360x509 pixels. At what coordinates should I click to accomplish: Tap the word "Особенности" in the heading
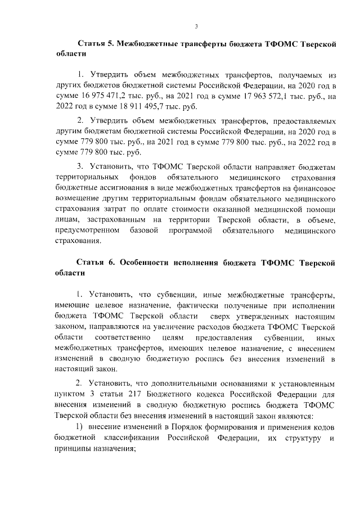(x=148, y=263)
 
